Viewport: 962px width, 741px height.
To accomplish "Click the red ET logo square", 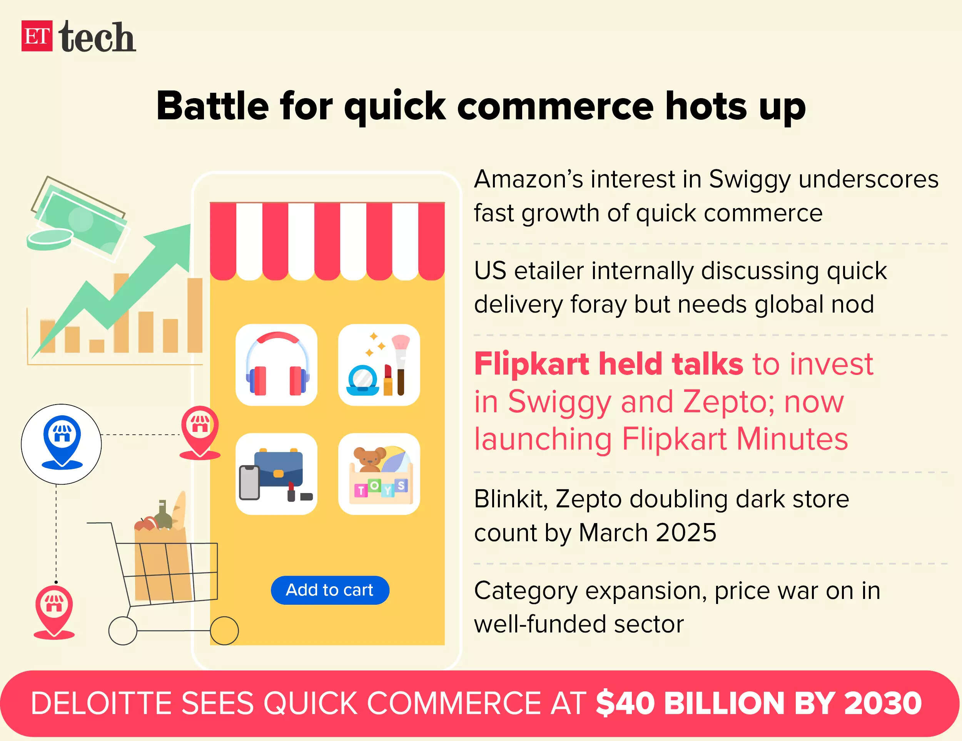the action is pos(37,36).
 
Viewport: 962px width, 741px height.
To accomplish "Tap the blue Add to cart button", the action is pos(330,590).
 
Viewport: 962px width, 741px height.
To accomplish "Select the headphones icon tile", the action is pos(277,365).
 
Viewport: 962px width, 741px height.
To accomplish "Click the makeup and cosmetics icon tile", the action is pos(379,365).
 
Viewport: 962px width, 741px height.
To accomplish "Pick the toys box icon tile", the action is pos(379,473).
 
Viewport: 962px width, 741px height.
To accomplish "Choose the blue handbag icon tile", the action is pos(277,473).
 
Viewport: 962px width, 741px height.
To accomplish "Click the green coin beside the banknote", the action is pos(49,239).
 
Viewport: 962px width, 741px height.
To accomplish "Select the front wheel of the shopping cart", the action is pos(224,631).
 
